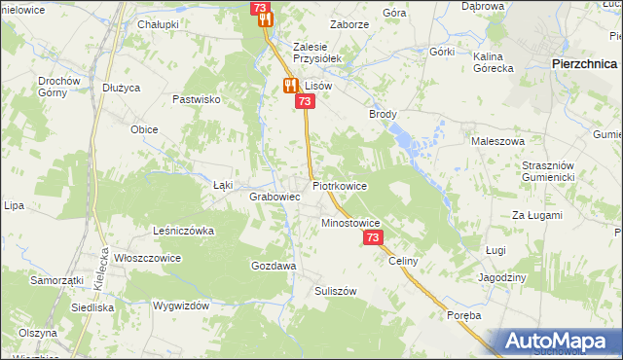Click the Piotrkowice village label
point(340,184)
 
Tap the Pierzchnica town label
point(581,62)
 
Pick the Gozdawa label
point(274,266)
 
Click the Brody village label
point(383,114)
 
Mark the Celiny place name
point(403,261)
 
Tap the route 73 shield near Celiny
point(373,238)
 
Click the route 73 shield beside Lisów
point(306,101)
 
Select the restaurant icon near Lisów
point(290,86)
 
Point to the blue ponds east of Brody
point(422,142)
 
